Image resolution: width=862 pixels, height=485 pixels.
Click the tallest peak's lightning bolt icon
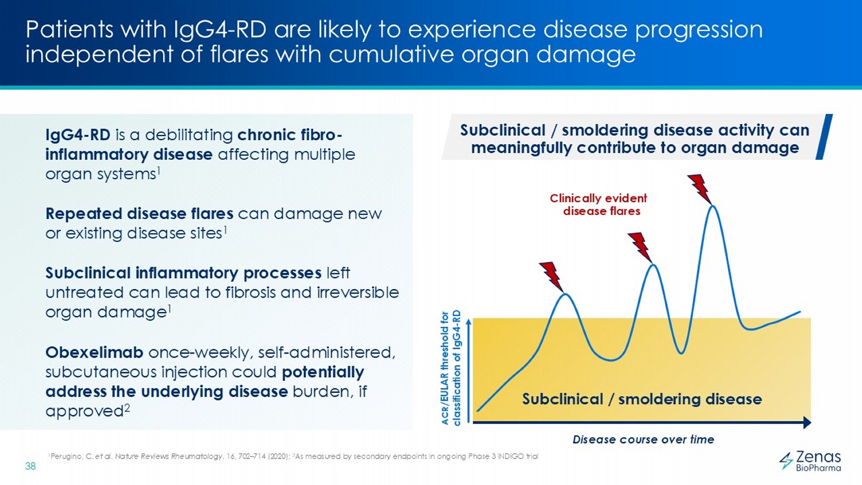(700, 188)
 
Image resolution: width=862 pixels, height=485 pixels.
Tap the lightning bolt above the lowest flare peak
(552, 276)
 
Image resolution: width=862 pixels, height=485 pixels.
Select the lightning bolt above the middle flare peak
(640, 247)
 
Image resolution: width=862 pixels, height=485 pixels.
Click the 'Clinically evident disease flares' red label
(599, 205)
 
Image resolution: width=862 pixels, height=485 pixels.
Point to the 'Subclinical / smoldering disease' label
(641, 399)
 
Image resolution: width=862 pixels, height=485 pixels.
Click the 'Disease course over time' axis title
(643, 440)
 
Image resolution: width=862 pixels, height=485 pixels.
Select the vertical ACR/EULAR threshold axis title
(451, 368)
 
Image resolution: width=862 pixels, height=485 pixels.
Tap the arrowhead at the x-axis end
(807, 423)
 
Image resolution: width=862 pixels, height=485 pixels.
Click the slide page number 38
(30, 466)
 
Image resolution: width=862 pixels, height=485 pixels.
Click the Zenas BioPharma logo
(810, 461)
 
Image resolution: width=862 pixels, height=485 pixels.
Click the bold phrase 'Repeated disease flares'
(139, 214)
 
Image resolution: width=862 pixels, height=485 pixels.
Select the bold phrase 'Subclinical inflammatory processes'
(183, 273)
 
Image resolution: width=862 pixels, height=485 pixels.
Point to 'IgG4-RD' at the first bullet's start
(78, 135)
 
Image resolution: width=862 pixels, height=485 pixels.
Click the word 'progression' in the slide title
(699, 29)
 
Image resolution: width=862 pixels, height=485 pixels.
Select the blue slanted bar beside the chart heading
(825, 137)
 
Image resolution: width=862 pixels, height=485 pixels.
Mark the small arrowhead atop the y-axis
(470, 322)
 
